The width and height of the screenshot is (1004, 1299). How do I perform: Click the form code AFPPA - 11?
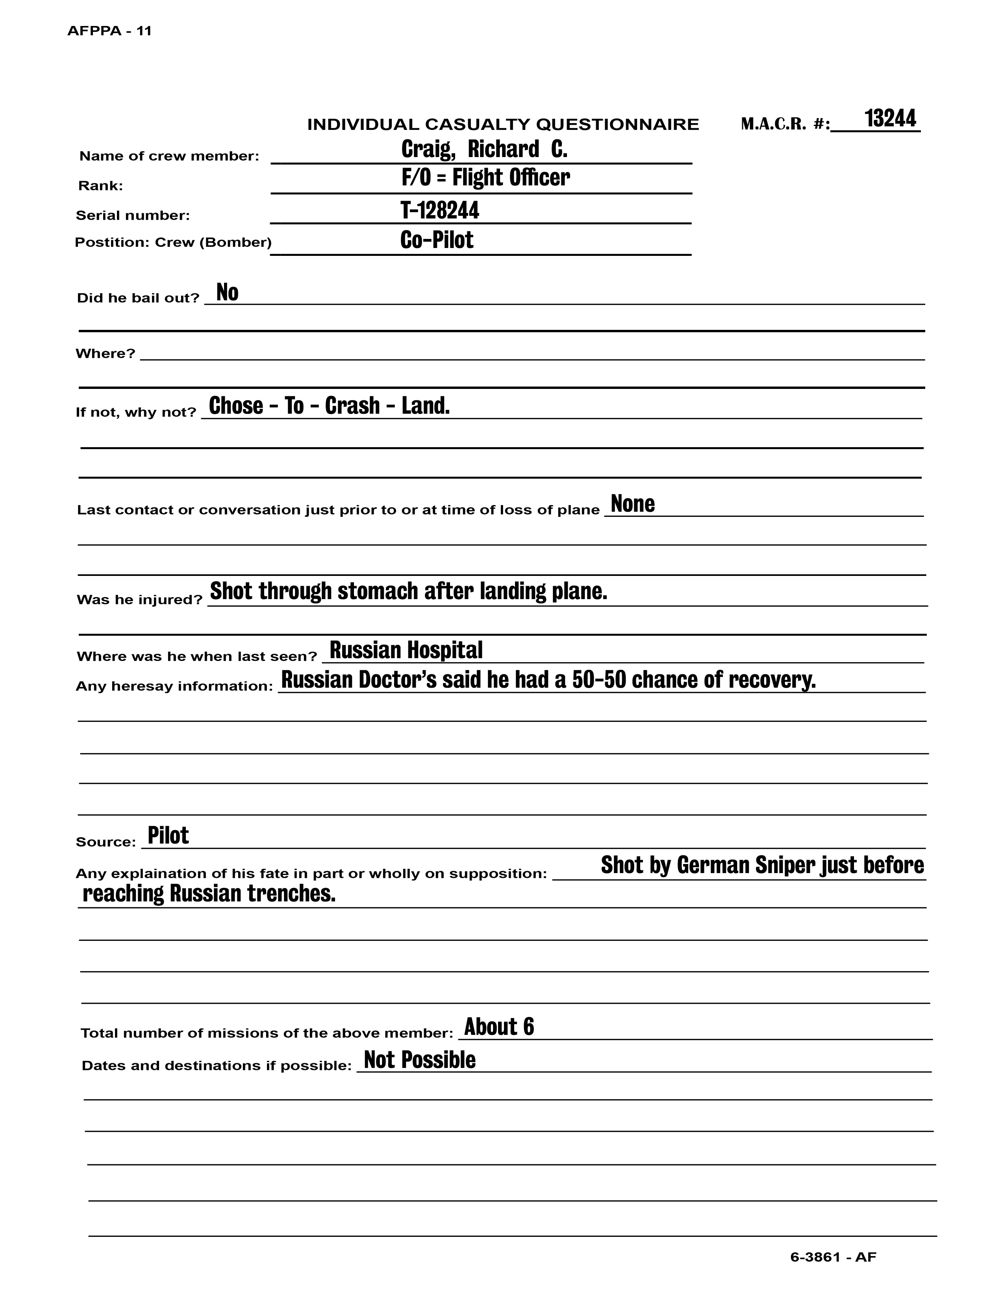coord(109,31)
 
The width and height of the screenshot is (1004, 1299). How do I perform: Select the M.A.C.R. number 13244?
coord(890,118)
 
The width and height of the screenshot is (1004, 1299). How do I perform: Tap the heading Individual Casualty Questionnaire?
coord(503,124)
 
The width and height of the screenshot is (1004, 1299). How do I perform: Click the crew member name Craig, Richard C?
coord(484,149)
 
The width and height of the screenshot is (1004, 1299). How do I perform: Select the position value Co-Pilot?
coord(437,240)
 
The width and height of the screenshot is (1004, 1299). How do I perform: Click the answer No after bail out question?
coord(227,292)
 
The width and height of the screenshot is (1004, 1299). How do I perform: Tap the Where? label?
coord(105,354)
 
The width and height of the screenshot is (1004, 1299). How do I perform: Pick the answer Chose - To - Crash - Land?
coord(329,405)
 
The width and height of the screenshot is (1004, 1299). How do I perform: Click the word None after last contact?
coord(632,504)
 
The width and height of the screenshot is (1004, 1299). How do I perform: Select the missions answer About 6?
coord(498,1027)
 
